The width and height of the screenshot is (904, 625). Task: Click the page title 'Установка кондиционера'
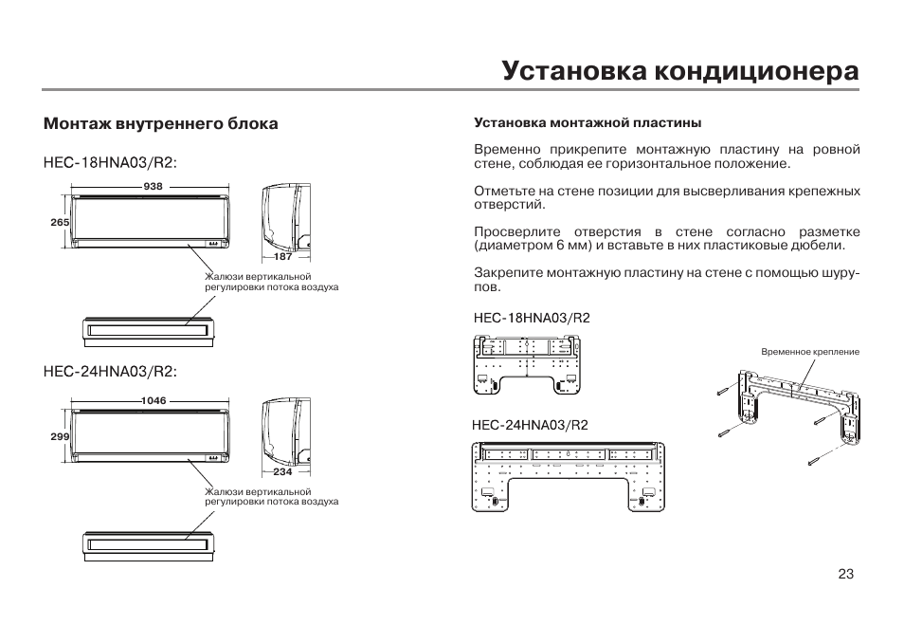[680, 71]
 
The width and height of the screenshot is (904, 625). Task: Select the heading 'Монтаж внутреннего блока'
[161, 124]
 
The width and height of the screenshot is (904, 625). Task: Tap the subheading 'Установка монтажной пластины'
[587, 123]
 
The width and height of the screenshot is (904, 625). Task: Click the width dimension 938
[154, 187]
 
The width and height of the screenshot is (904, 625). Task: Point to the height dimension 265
[61, 222]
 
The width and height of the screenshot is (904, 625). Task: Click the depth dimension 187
[282, 257]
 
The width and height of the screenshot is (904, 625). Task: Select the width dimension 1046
[154, 401]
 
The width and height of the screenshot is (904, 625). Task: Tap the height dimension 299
[61, 436]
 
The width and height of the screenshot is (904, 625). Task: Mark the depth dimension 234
[282, 471]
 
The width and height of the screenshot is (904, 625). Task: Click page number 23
[846, 574]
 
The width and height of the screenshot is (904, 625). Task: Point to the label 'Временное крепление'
[809, 352]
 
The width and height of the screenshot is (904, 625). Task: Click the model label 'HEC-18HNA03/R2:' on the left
[110, 163]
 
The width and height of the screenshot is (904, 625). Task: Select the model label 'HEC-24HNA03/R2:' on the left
[110, 371]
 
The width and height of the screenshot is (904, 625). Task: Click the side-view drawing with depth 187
[284, 216]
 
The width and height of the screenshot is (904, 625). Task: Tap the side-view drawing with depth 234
[284, 431]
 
